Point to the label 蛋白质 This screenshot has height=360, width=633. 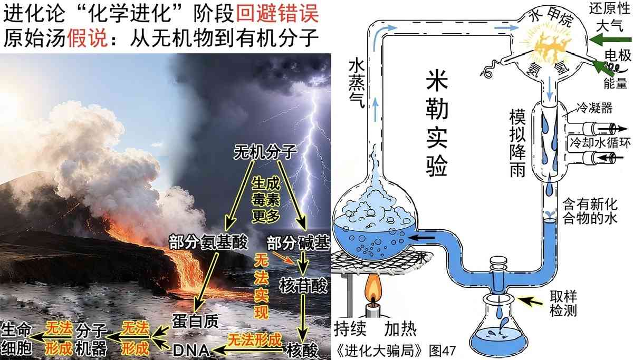click(195, 322)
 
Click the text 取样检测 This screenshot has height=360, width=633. click(563, 304)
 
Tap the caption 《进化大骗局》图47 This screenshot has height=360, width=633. click(396, 350)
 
